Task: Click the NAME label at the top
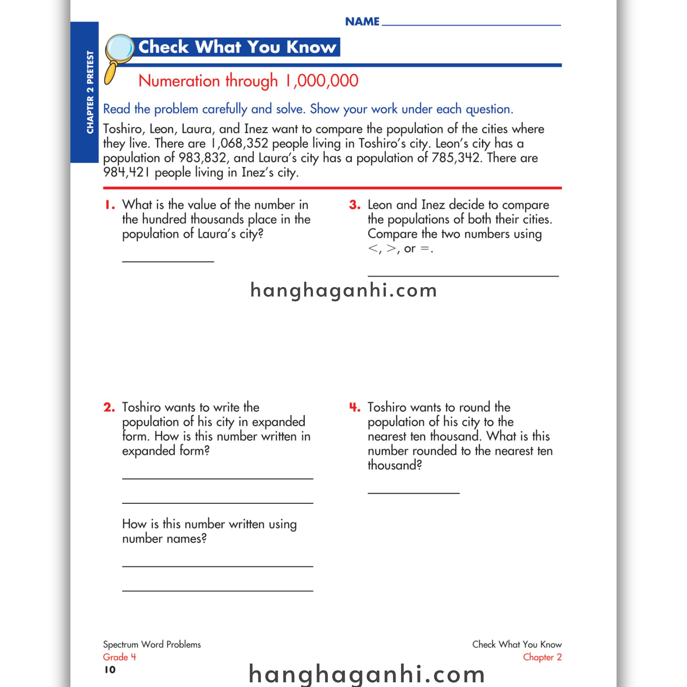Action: coord(362,22)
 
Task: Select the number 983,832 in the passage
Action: coord(202,158)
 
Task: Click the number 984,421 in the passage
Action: coord(126,172)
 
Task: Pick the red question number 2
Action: coord(109,407)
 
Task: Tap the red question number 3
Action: coord(355,205)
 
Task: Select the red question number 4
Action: coord(355,407)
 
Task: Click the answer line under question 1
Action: coord(168,261)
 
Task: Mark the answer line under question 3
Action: coord(463,276)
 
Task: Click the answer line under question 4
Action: coord(414,493)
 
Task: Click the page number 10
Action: coord(110,670)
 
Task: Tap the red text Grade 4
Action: coord(119,657)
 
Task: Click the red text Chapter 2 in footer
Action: coord(542,657)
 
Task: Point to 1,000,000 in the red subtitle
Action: coord(322,81)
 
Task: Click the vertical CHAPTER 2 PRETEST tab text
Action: coord(90,92)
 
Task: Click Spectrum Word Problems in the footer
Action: coord(152,644)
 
